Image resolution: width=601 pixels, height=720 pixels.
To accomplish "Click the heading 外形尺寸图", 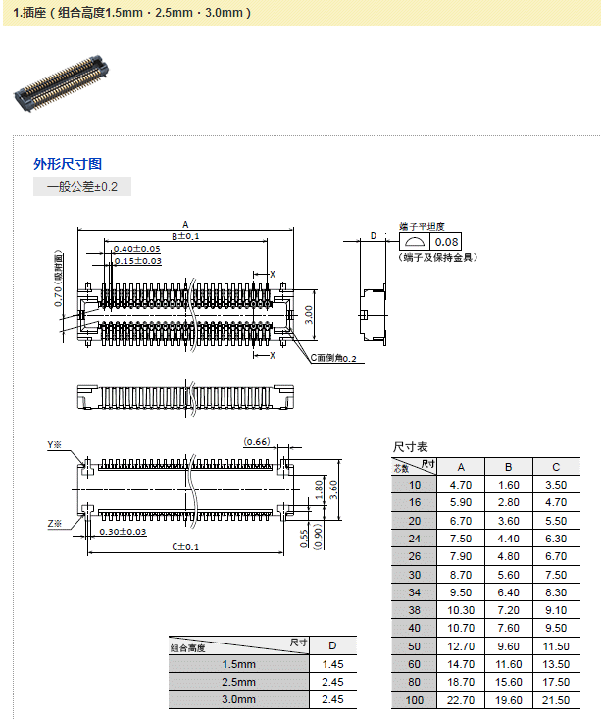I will pyautogui.click(x=68, y=164).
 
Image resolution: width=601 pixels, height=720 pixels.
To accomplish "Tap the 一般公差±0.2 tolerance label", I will pyautogui.click(x=82, y=186).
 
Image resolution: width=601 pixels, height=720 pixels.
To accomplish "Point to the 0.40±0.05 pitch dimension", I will pyautogui.click(x=137, y=249).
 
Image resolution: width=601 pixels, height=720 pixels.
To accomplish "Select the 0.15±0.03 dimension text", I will pyautogui.click(x=137, y=260).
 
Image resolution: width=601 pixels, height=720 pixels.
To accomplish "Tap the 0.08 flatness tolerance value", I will pyautogui.click(x=446, y=242).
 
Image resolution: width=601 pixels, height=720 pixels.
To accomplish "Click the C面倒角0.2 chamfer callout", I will pyautogui.click(x=337, y=360).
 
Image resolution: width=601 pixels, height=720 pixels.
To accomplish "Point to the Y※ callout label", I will pyautogui.click(x=55, y=445).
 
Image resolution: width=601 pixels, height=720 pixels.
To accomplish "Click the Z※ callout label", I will pyautogui.click(x=55, y=524).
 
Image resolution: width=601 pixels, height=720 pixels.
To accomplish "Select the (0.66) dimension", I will pyautogui.click(x=257, y=442).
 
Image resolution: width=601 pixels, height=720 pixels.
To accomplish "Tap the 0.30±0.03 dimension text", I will pyautogui.click(x=123, y=532).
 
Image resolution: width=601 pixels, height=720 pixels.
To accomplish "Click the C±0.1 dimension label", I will pyautogui.click(x=185, y=546).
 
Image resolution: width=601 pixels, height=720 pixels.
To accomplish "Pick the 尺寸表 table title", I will pyautogui.click(x=411, y=447).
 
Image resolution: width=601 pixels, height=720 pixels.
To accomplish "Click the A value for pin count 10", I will pyautogui.click(x=461, y=485).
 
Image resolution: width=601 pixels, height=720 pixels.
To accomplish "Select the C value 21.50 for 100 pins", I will pyautogui.click(x=556, y=700).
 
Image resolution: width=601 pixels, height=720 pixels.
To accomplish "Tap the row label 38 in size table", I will pyautogui.click(x=415, y=610).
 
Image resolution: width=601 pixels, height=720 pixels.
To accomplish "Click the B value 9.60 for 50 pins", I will pyautogui.click(x=509, y=646).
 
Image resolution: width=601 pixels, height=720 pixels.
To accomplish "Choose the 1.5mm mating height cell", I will pyautogui.click(x=238, y=664).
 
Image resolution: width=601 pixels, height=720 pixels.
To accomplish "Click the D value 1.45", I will pyautogui.click(x=332, y=664).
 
